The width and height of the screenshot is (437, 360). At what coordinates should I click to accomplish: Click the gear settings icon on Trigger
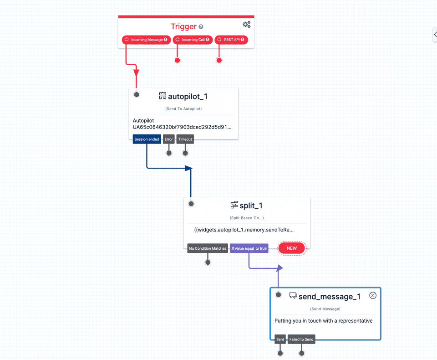pyautogui.click(x=246, y=25)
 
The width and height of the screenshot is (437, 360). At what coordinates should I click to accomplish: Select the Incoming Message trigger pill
pyautogui.click(x=147, y=40)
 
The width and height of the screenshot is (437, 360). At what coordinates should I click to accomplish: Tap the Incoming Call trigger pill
pyautogui.click(x=193, y=40)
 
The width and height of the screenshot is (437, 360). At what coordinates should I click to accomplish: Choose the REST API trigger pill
pyautogui.click(x=231, y=40)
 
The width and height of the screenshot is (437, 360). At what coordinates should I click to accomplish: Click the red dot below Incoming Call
pyautogui.click(x=178, y=60)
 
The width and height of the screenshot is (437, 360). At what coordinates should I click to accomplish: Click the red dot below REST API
pyautogui.click(x=219, y=60)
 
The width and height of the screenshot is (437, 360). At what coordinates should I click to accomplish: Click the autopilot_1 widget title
pyautogui.click(x=188, y=96)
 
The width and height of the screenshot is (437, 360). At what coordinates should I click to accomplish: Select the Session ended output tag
pyautogui.click(x=147, y=139)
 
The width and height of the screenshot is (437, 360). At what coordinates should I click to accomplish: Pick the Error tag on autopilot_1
pyautogui.click(x=169, y=139)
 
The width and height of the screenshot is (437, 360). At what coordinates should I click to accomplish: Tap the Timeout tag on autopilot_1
pyautogui.click(x=185, y=139)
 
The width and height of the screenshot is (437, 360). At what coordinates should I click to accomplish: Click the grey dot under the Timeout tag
pyautogui.click(x=185, y=153)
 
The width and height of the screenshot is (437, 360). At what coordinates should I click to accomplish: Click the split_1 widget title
pyautogui.click(x=250, y=206)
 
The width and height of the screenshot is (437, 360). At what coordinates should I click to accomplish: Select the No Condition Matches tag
pyautogui.click(x=208, y=248)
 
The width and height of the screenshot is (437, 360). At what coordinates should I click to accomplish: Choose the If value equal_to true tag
pyautogui.click(x=249, y=248)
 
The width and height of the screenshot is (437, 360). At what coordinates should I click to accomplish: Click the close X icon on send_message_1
pyautogui.click(x=373, y=295)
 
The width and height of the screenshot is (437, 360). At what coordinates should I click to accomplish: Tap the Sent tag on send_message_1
pyautogui.click(x=280, y=339)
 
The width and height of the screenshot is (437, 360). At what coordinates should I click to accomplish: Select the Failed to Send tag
pyautogui.click(x=301, y=339)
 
